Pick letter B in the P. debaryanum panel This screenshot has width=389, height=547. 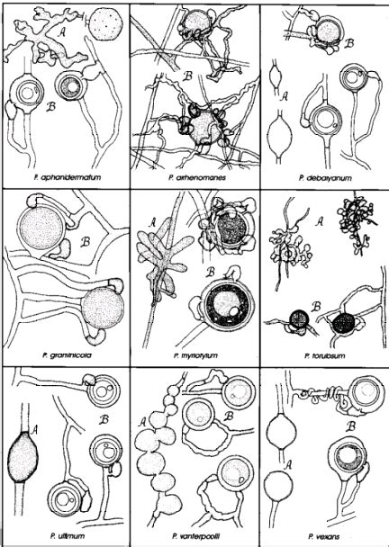[349, 41]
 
